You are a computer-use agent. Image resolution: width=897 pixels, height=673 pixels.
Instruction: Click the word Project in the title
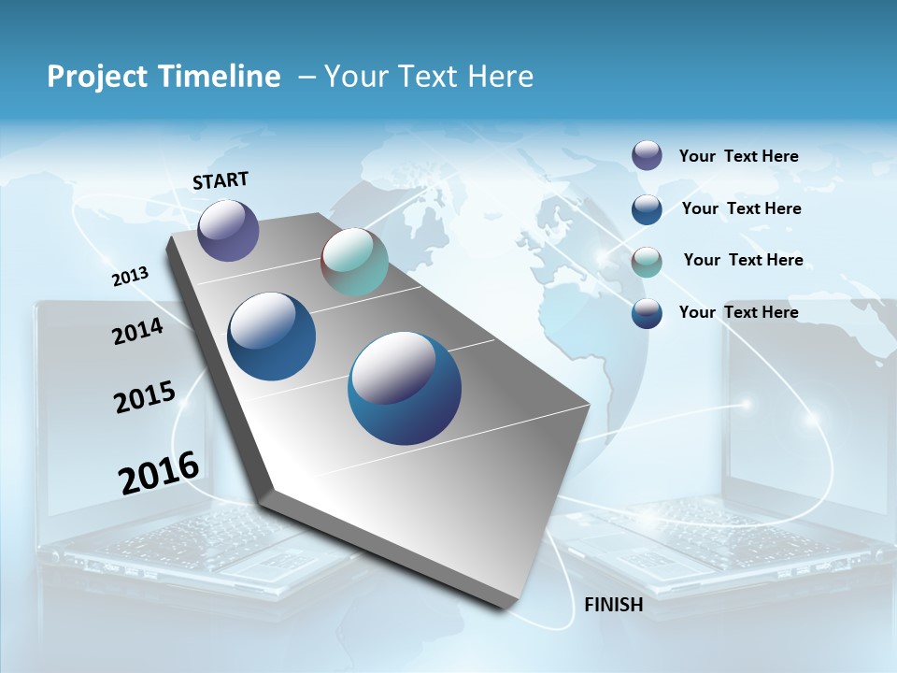[x=91, y=77]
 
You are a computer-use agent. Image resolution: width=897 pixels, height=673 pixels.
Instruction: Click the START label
[x=221, y=180]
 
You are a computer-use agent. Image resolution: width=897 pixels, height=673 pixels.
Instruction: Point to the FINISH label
[x=614, y=605]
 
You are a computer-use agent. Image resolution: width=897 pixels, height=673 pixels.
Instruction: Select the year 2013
[x=130, y=277]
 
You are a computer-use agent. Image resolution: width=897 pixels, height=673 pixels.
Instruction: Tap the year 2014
[x=137, y=332]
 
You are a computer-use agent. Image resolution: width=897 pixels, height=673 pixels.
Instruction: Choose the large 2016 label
[x=159, y=473]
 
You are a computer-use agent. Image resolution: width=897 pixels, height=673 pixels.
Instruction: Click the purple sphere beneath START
[x=228, y=230]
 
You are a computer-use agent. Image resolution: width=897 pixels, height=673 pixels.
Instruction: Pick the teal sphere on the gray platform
[x=354, y=262]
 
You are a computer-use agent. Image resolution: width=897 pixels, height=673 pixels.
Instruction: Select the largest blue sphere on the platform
[x=405, y=388]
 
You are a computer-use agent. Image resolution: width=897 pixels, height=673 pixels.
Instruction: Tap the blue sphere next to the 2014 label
[x=272, y=336]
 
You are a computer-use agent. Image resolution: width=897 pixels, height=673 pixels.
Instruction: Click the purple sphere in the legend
[x=647, y=155]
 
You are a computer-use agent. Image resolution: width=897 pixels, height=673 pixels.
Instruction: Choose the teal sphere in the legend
[x=647, y=262]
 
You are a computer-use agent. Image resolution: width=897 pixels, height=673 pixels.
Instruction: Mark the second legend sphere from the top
[x=647, y=209]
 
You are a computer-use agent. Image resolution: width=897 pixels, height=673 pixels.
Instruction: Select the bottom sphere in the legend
[x=647, y=313]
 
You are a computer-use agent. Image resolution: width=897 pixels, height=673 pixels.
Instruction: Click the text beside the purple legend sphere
[x=738, y=156]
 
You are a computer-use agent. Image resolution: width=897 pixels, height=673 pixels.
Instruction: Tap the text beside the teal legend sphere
[x=743, y=260]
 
